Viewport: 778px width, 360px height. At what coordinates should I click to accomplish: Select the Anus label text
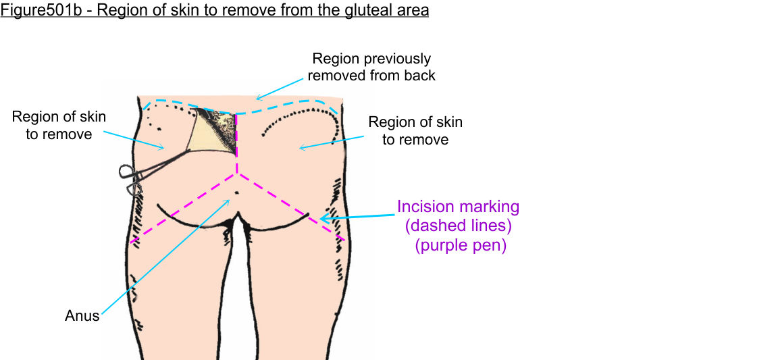(82, 315)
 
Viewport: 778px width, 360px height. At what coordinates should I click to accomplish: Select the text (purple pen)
(460, 245)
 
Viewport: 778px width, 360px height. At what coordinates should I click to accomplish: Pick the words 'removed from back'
(371, 76)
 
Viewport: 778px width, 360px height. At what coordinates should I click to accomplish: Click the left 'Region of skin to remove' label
(59, 125)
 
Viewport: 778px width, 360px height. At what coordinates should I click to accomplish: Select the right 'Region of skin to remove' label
(415, 130)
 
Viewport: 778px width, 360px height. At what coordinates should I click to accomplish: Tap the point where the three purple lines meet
(237, 174)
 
